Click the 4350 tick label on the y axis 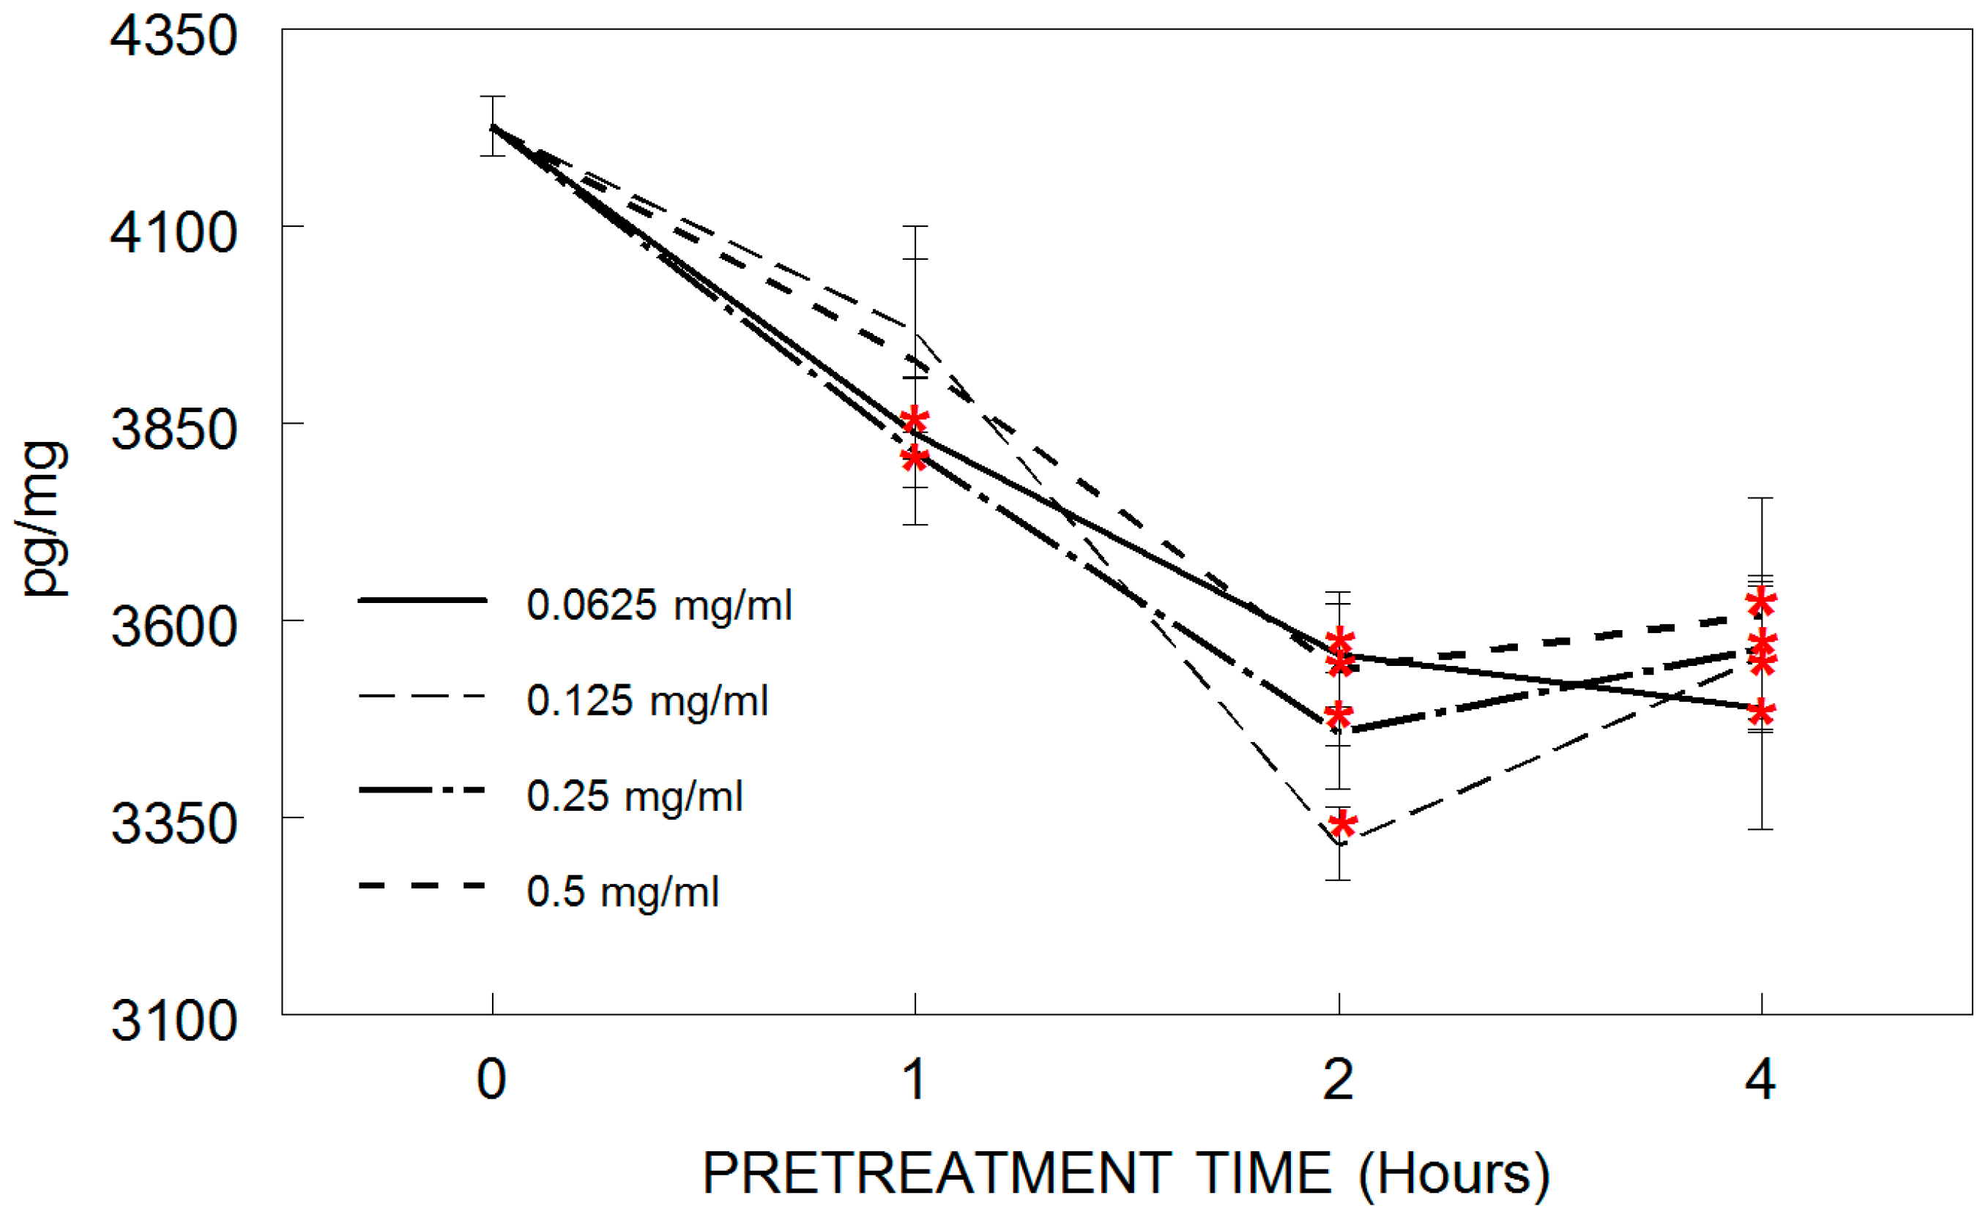point(174,37)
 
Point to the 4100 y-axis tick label point(174,233)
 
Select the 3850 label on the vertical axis point(174,430)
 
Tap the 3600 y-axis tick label point(174,626)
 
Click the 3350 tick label point(174,824)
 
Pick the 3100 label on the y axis point(174,1021)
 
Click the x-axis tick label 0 point(491,1080)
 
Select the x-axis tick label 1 point(914,1080)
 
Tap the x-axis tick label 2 point(1338,1080)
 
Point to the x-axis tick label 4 point(1760,1080)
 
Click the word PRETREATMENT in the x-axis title point(937,1173)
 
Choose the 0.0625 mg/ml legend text point(658,606)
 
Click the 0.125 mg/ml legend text point(647,701)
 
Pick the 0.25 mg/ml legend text point(634,797)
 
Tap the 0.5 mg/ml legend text point(622,892)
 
